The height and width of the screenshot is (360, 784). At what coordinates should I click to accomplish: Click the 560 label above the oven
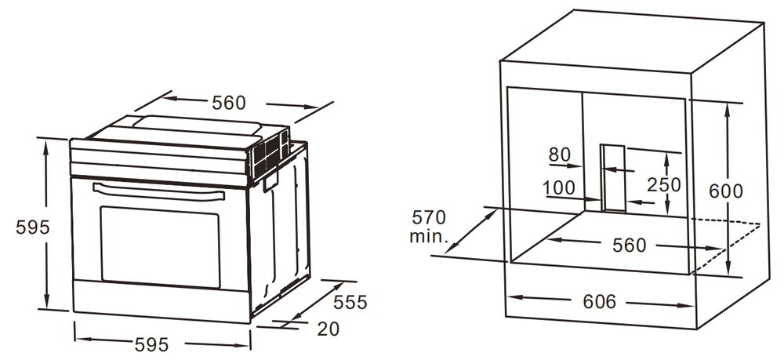[228, 103]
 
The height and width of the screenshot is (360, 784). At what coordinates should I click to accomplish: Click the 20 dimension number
[328, 329]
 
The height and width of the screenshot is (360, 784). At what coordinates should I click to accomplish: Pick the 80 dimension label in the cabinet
[559, 155]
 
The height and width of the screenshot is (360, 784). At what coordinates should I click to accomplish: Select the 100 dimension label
[557, 188]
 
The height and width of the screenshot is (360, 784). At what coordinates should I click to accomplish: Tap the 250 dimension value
[664, 185]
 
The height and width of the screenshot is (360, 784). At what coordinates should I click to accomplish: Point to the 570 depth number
[428, 216]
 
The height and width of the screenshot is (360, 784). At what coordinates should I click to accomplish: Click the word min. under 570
[427, 235]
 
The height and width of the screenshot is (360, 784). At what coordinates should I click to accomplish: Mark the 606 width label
[600, 302]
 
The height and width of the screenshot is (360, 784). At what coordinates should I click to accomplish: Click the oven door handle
[157, 190]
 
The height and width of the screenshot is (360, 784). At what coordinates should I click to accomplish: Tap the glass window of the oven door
[160, 245]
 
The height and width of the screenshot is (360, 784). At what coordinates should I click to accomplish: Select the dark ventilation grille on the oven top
[270, 152]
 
